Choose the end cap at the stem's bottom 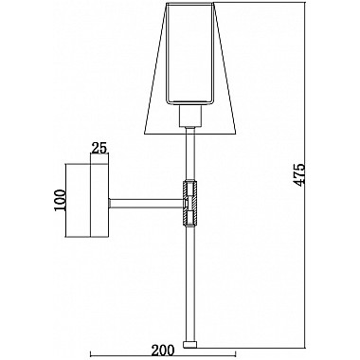[x=192, y=342]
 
